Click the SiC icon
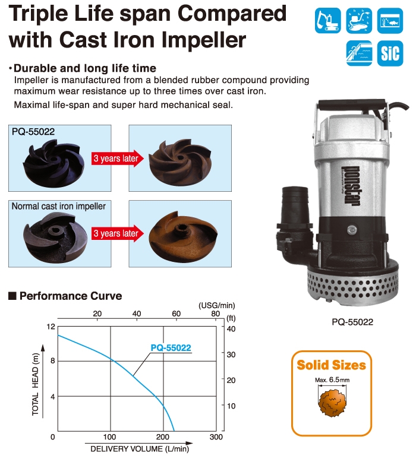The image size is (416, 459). point(390,53)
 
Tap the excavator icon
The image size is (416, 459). point(328,21)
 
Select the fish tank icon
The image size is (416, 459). point(390,21)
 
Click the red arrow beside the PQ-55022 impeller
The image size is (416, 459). point(118,159)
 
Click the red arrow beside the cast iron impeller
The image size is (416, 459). point(118,233)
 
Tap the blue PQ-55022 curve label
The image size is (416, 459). point(171,348)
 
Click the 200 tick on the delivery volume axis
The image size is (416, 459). point(163,437)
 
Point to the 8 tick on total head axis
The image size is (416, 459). point(53,360)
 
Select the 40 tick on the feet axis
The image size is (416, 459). point(231,329)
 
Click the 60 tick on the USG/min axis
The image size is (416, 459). point(176,314)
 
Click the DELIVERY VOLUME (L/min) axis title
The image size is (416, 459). point(140,449)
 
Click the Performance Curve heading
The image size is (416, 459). point(71,296)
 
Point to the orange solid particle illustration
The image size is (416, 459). point(332,403)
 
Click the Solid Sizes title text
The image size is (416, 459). point(332,365)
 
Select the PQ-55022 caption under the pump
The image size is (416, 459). point(352,322)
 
